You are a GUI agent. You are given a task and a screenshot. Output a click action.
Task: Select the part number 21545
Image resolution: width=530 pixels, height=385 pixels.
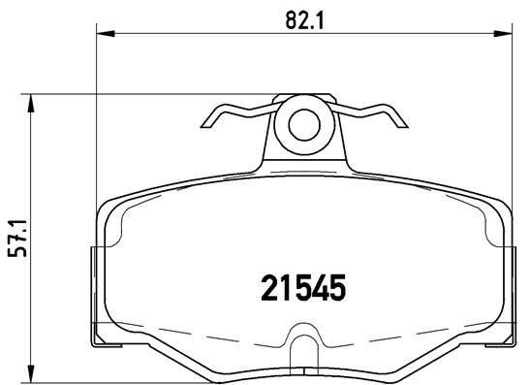[x=303, y=287]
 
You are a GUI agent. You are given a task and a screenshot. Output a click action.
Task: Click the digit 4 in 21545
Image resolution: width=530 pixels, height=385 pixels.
[x=321, y=287]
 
